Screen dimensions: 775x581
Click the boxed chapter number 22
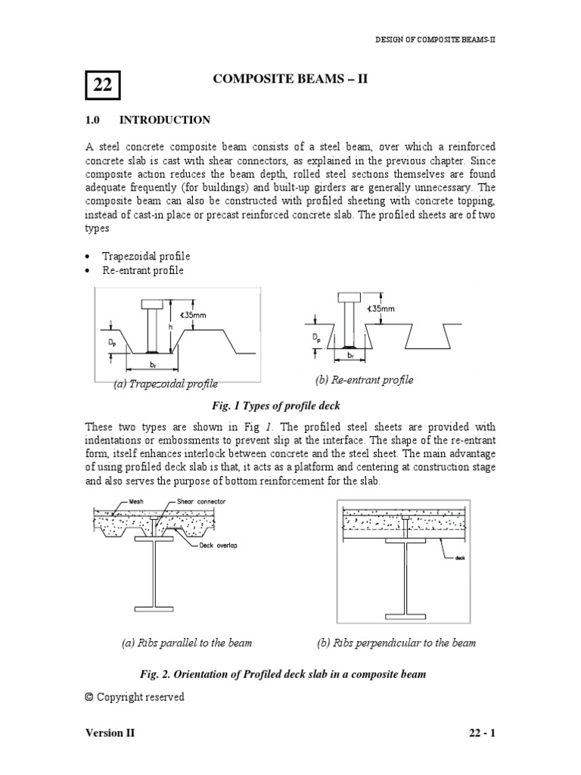coord(101,86)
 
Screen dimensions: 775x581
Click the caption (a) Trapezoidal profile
coord(165,384)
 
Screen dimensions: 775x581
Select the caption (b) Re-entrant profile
coord(365,380)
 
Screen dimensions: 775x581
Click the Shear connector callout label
coord(200,501)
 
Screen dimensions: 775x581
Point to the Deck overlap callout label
coord(216,545)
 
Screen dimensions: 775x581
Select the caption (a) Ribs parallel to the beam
coord(186,643)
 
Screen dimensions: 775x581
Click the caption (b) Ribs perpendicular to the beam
coord(396,643)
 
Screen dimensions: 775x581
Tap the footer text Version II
coord(110,733)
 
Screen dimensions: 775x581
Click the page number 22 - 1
coord(480,733)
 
